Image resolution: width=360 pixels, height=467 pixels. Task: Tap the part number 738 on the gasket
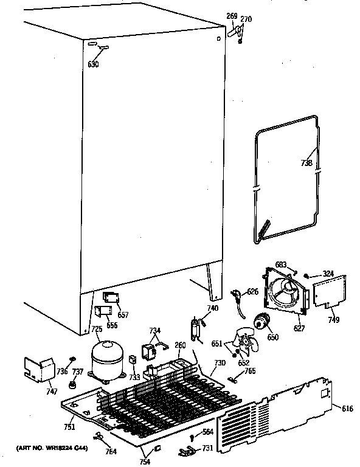[x=306, y=163]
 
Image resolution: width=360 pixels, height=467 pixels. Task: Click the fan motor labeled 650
[x=263, y=322]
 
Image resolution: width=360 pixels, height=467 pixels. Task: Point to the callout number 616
[x=347, y=409]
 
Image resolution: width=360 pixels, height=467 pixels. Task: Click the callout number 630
[x=92, y=63]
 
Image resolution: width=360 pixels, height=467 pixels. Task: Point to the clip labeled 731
[x=186, y=451]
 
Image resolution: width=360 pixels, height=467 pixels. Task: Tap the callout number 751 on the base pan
[x=70, y=426]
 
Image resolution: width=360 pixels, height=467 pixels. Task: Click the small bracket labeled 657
[x=111, y=298]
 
